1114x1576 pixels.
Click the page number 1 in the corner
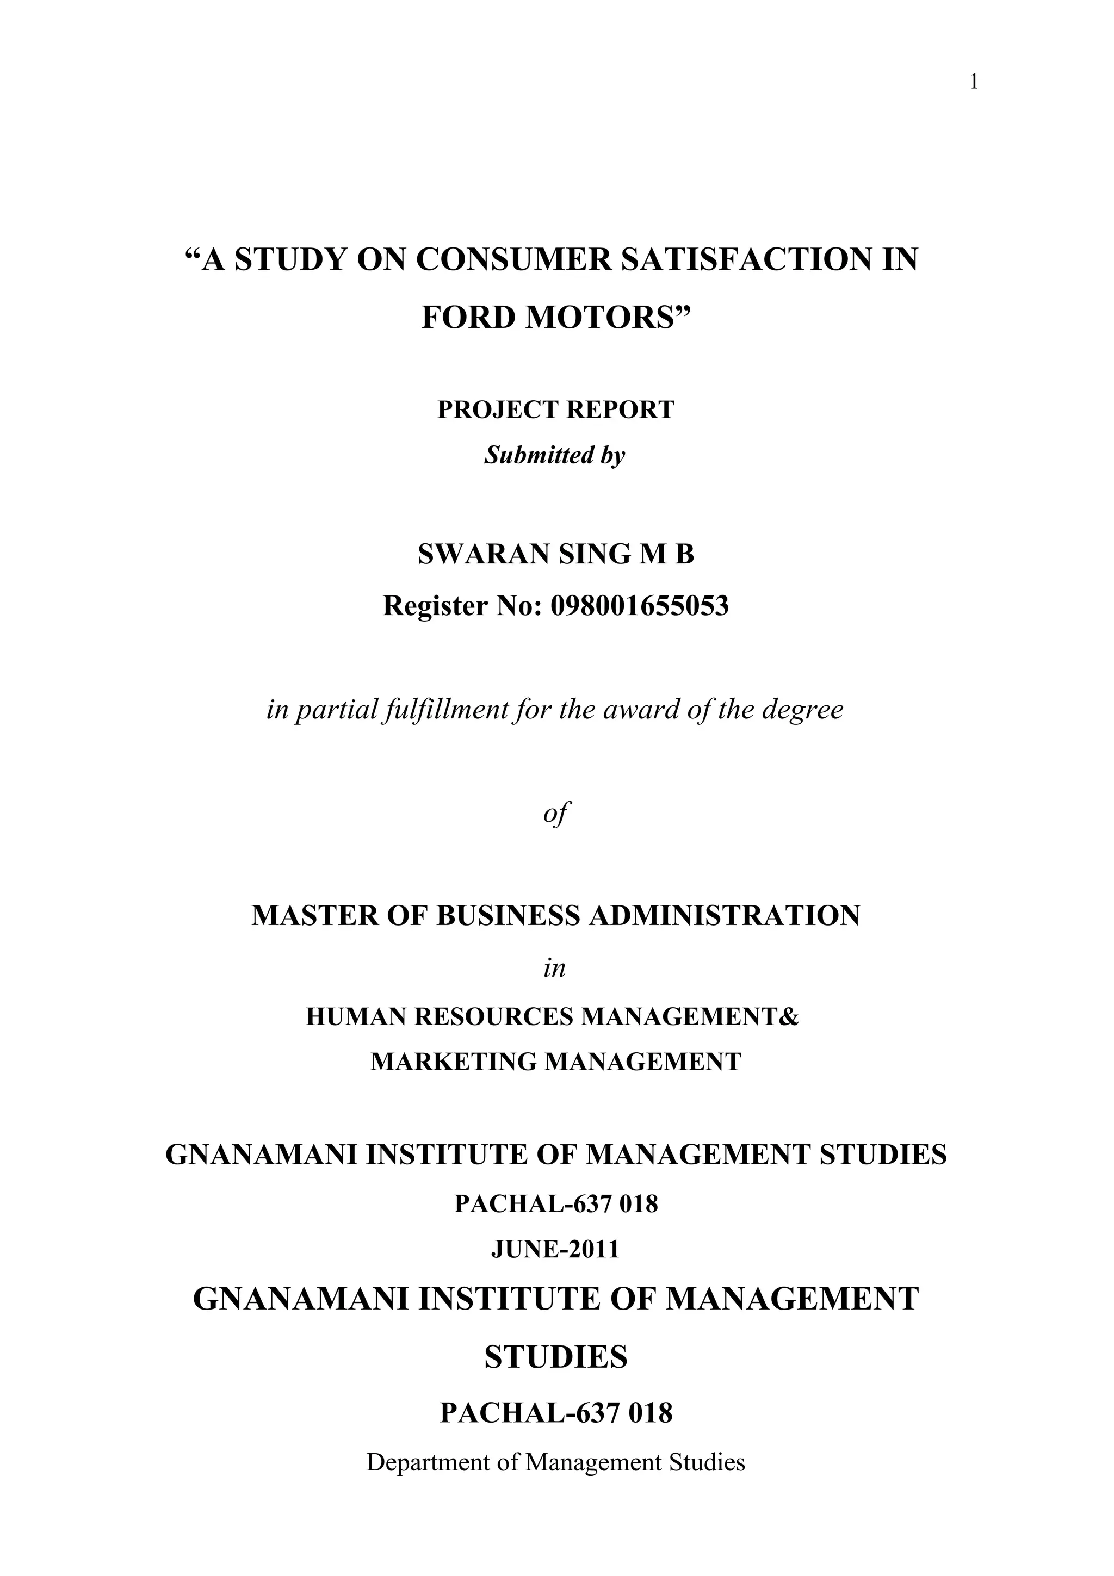[x=973, y=83]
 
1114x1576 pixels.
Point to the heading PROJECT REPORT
[x=556, y=410]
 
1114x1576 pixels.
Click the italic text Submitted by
[x=555, y=455]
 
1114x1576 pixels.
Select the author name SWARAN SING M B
[x=556, y=555]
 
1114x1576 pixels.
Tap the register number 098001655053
[x=640, y=605]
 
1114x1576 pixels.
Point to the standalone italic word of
[x=556, y=814]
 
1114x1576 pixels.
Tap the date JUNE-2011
[x=555, y=1249]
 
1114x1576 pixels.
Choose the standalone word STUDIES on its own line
[x=556, y=1357]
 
